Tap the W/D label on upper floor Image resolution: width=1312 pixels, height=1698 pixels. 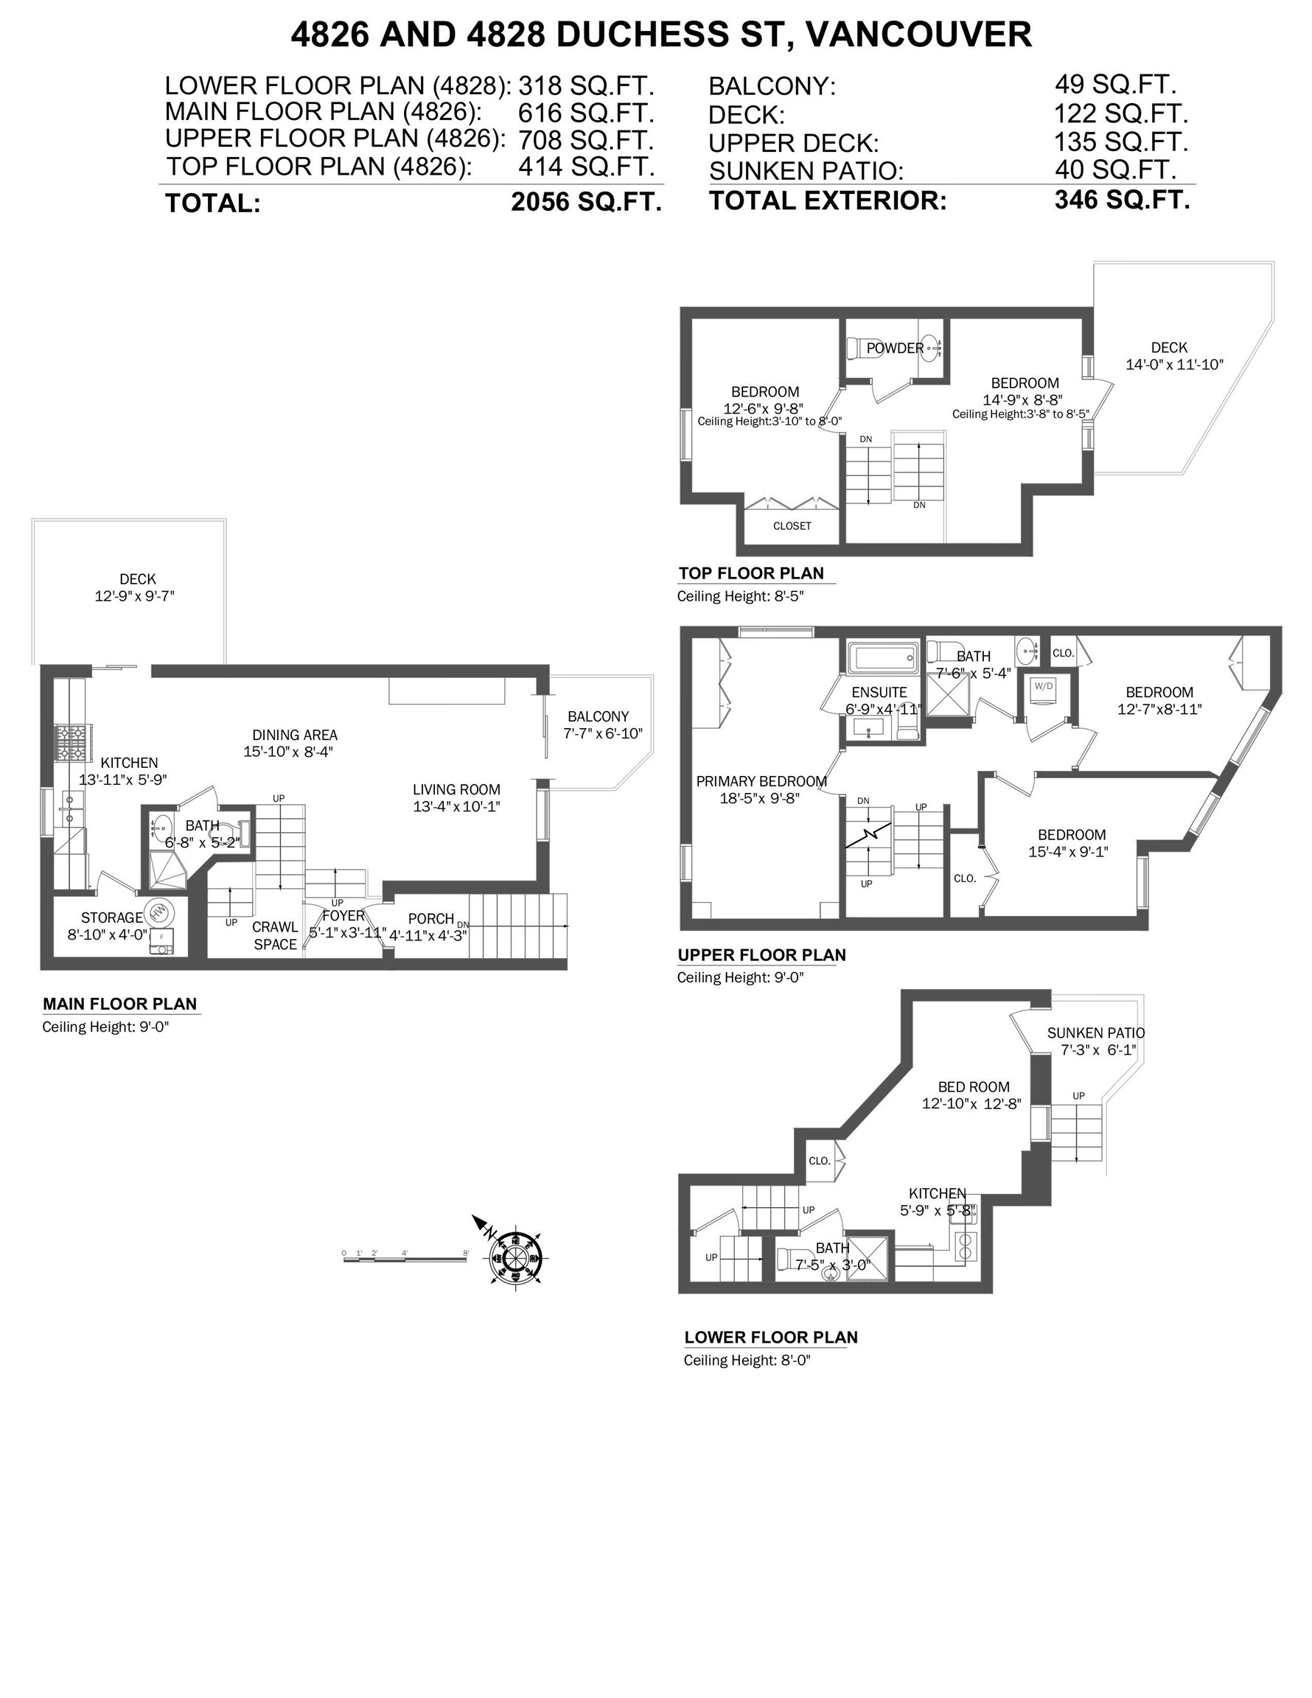click(1043, 685)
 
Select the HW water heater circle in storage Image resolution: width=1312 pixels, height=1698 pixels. click(159, 911)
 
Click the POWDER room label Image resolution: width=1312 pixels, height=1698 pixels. click(894, 349)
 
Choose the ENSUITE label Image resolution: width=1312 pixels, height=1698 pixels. click(879, 692)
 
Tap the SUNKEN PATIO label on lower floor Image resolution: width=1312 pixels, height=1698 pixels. click(1095, 1033)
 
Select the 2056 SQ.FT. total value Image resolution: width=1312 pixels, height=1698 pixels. click(586, 202)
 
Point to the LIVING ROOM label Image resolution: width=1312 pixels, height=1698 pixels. click(456, 789)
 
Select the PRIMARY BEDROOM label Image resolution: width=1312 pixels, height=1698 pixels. click(761, 781)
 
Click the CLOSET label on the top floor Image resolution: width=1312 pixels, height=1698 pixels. click(792, 526)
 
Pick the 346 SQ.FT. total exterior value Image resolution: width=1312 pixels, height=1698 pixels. click(1121, 200)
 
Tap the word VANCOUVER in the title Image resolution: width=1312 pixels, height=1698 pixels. click(918, 34)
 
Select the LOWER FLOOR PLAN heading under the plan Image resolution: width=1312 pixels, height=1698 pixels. click(770, 1338)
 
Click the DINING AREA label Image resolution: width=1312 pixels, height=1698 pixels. click(295, 735)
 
